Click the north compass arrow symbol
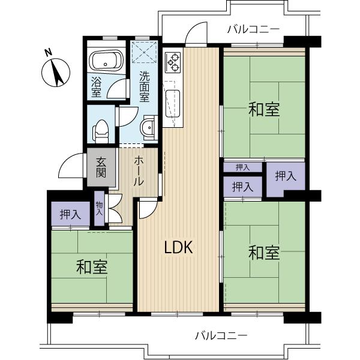pos(56,74)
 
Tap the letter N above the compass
pos(49,53)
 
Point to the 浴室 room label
pos(96,86)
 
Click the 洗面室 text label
pos(145,86)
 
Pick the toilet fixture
pos(101,127)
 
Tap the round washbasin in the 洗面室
pos(147,127)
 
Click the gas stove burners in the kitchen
pos(173,61)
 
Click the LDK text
pos(178,247)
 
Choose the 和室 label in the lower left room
pos(92,268)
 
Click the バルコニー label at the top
pos(253,28)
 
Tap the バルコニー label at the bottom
pos(221,335)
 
